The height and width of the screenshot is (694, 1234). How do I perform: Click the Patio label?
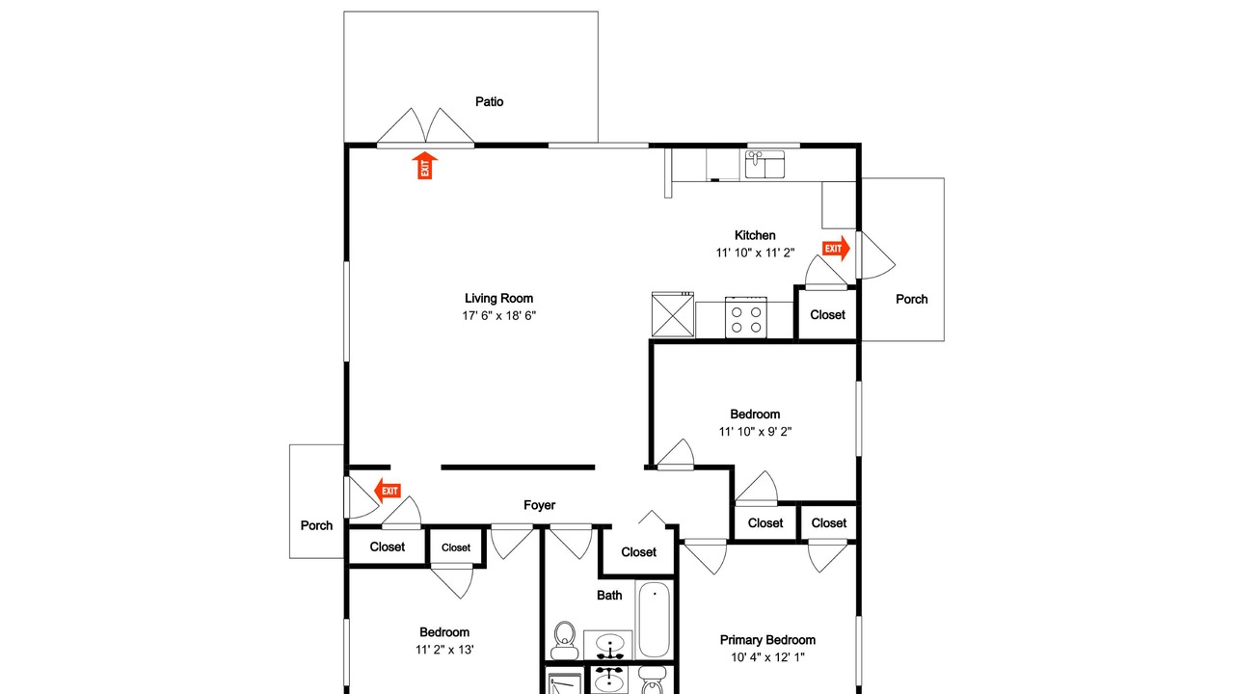coord(489,101)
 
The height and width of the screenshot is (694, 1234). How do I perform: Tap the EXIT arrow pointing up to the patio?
coord(425,165)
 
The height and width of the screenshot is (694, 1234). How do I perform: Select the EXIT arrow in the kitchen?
coord(836,249)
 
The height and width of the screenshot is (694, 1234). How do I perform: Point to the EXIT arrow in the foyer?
coord(388,491)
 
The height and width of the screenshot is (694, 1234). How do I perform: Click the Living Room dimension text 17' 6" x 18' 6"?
coord(499,315)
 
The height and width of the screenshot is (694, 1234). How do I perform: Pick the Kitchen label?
coord(755,235)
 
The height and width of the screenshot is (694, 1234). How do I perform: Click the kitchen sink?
coord(765,164)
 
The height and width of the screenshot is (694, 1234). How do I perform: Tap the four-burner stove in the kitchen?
coord(746,317)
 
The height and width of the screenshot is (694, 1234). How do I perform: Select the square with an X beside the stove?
coord(673,314)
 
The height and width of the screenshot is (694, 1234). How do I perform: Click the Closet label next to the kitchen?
coord(827,314)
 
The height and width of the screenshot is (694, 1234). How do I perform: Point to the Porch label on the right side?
coord(912,299)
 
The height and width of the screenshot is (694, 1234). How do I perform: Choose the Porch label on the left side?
coord(317,525)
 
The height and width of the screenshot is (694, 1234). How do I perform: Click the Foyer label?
coord(539,505)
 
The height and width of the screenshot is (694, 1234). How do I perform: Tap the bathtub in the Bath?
coord(655,619)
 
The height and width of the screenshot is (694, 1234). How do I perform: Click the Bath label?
coord(609,595)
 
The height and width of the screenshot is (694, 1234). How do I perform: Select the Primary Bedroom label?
coord(767,640)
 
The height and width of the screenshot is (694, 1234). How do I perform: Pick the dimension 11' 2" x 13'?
coord(444,650)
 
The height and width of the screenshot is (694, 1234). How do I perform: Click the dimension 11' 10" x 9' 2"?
coord(755,432)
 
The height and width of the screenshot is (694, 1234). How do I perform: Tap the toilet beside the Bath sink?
coord(564,640)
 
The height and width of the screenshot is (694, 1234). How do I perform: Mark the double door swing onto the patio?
coord(425,128)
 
